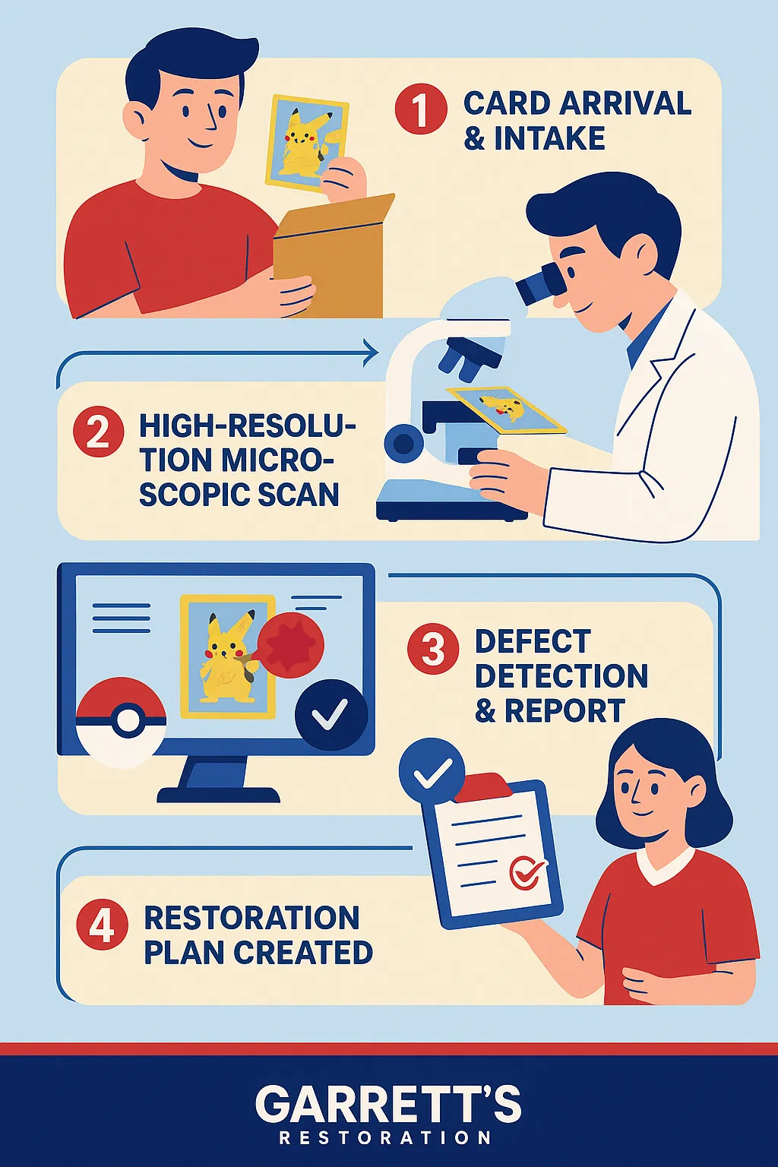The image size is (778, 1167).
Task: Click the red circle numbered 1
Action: pyautogui.click(x=420, y=109)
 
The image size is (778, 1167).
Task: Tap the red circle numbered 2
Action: pyautogui.click(x=98, y=432)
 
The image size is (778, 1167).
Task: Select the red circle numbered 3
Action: pyautogui.click(x=433, y=649)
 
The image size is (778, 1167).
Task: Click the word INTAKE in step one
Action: pyautogui.click(x=549, y=138)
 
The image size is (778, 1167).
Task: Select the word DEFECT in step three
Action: pyautogui.click(x=533, y=640)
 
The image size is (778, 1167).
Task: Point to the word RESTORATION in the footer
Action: pyautogui.click(x=386, y=1137)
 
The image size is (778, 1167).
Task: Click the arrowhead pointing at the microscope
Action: pyautogui.click(x=372, y=353)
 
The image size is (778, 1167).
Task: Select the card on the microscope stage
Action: pyautogui.click(x=506, y=410)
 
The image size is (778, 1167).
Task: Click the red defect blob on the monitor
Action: pyautogui.click(x=291, y=644)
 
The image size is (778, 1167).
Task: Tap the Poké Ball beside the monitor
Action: pyautogui.click(x=121, y=723)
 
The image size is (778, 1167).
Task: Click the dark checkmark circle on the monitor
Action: pyautogui.click(x=331, y=715)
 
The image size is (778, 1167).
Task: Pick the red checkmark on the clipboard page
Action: pyautogui.click(x=527, y=872)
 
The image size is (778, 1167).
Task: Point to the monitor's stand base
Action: pyautogui.click(x=218, y=795)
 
